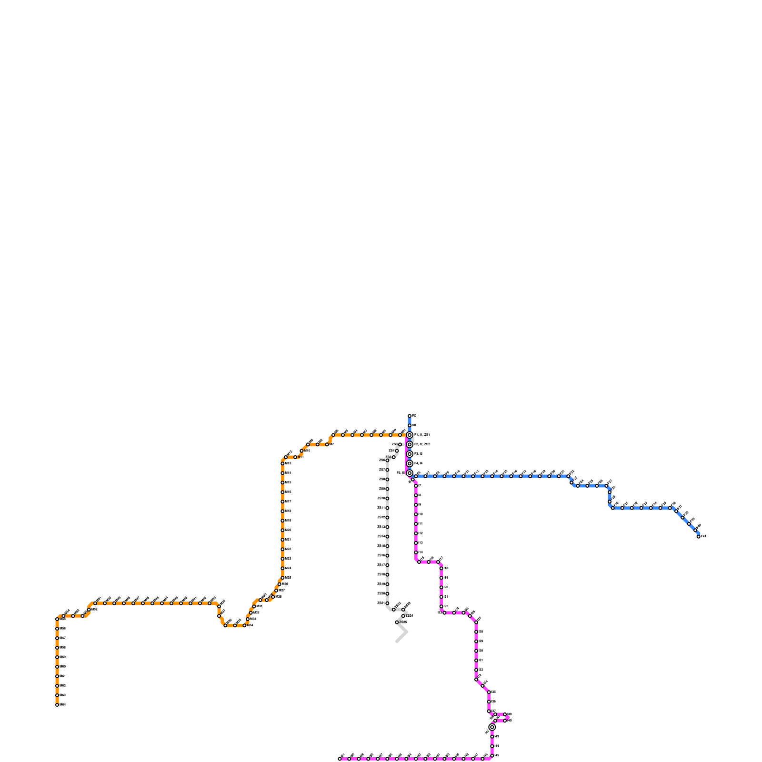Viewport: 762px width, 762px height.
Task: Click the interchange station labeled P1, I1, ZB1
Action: pyautogui.click(x=410, y=435)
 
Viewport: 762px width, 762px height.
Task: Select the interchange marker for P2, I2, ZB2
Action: pyautogui.click(x=410, y=444)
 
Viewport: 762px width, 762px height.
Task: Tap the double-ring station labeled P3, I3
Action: pyautogui.click(x=410, y=454)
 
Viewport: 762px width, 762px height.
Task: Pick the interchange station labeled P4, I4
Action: pyautogui.click(x=410, y=463)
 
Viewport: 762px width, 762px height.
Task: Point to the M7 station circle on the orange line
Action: pyautogui.click(x=327, y=444)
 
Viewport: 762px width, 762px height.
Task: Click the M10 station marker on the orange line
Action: pyautogui.click(x=301, y=451)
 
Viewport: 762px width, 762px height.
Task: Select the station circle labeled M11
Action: pyautogui.click(x=295, y=457)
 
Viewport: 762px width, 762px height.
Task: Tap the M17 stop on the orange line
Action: pyautogui.click(x=282, y=501)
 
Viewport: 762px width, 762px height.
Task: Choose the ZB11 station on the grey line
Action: pyautogui.click(x=387, y=508)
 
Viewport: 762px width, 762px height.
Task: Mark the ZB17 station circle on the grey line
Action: pyautogui.click(x=387, y=565)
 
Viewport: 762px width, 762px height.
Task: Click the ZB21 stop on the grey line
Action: pyautogui.click(x=387, y=603)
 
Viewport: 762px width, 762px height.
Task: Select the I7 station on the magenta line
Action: pyautogui.click(x=416, y=486)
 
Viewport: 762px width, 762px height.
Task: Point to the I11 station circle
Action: pyautogui.click(x=416, y=524)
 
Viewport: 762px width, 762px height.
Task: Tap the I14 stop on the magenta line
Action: pyautogui.click(x=416, y=552)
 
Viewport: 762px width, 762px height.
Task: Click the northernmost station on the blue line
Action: pyautogui.click(x=410, y=416)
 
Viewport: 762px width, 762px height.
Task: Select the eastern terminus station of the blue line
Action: pyautogui.click(x=699, y=537)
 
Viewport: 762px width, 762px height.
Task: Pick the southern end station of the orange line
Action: pyautogui.click(x=57, y=705)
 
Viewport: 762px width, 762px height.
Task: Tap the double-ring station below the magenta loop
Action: pyautogui.click(x=492, y=727)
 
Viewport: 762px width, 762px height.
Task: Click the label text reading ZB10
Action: pyautogui.click(x=381, y=499)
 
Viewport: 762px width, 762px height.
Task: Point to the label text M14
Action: pyautogui.click(x=288, y=473)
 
